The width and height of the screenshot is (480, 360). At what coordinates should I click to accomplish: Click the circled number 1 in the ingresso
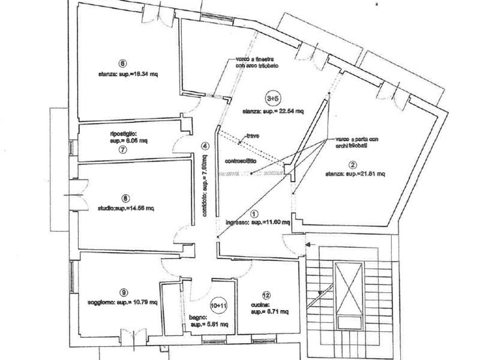coord(253,213)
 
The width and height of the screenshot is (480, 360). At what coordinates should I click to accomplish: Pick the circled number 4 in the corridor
coord(205,146)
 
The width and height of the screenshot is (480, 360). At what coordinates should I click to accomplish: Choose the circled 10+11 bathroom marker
coord(220,305)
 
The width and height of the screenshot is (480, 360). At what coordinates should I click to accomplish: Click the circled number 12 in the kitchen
coord(265,295)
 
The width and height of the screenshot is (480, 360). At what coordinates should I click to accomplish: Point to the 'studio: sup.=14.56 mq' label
coord(127,208)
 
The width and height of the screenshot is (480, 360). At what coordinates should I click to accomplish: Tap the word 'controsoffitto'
coord(241,160)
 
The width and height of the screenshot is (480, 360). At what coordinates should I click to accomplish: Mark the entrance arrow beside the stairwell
coord(311,244)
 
